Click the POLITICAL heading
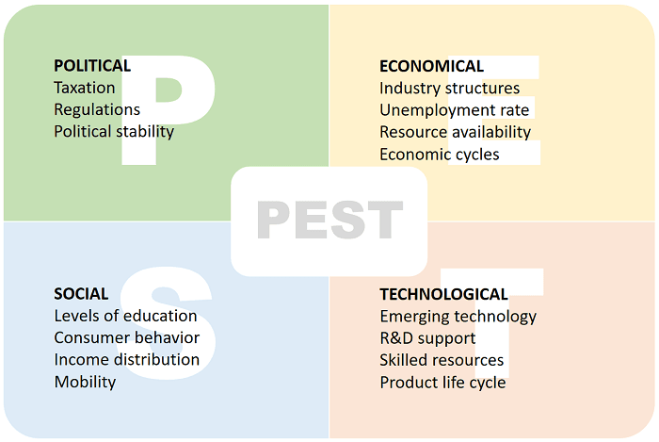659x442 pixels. tap(92, 66)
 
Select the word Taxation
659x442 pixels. tap(85, 88)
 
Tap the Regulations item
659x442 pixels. tap(97, 109)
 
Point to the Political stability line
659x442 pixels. tap(114, 131)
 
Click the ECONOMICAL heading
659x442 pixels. tap(431, 66)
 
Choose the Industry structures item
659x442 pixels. tap(449, 88)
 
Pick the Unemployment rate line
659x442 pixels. tap(455, 109)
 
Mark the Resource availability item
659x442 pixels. tap(455, 132)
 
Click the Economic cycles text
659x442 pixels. tap(440, 154)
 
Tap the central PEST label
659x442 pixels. tap(329, 221)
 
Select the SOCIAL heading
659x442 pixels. tap(81, 294)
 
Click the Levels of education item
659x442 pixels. tap(125, 316)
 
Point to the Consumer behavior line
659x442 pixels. tap(126, 337)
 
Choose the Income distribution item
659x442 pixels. tap(126, 359)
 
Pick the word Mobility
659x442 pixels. tap(85, 382)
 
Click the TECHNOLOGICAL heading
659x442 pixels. tap(443, 294)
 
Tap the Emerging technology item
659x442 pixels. tap(458, 316)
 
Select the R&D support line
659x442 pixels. tap(427, 337)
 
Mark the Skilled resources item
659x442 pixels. tap(442, 360)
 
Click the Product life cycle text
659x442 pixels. tap(442, 382)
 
